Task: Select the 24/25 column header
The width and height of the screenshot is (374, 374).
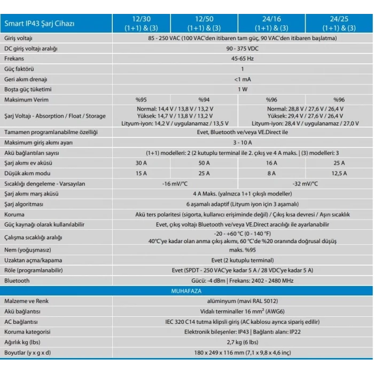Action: click(x=339, y=23)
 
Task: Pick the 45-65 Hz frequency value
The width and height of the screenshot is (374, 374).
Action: click(x=243, y=59)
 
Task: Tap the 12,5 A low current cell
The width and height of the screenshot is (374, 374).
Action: click(x=339, y=173)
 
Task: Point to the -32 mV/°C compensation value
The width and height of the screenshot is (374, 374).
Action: click(x=305, y=184)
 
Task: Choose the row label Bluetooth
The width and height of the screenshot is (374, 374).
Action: click(x=17, y=280)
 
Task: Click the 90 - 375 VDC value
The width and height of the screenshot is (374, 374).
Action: click(x=243, y=49)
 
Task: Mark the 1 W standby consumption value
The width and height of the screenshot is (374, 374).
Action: click(x=243, y=89)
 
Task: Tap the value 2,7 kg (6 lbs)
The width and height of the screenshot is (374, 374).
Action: click(x=243, y=342)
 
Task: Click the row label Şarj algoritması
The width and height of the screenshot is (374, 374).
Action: click(x=24, y=204)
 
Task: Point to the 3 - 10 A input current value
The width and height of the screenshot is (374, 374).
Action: click(x=243, y=142)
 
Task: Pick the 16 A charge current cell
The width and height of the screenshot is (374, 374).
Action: click(x=271, y=163)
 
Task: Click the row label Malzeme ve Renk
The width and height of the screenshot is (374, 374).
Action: click(x=26, y=301)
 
